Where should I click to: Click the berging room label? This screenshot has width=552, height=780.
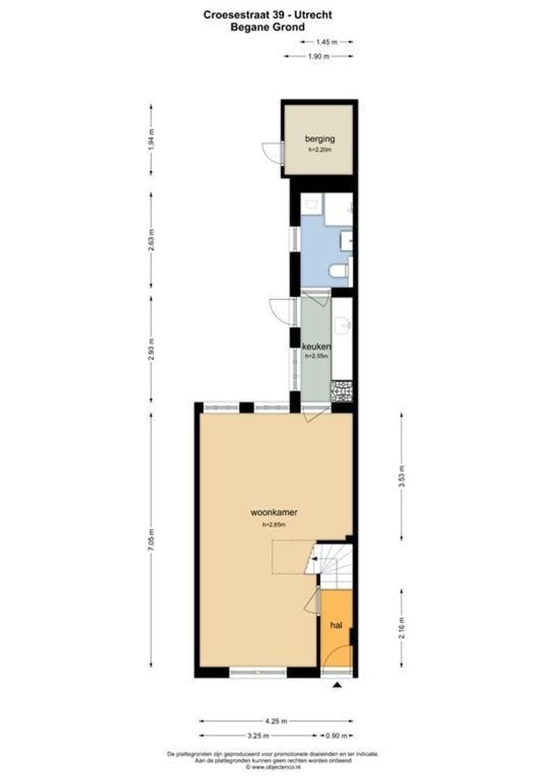pos(319,138)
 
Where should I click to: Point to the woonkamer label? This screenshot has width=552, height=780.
pos(274,513)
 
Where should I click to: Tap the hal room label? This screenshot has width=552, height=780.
pos(336,625)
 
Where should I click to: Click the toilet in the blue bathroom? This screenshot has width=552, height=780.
pos(338,272)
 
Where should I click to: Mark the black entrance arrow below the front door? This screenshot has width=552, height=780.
pos(337,686)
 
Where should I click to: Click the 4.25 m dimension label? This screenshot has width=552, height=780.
pos(276,721)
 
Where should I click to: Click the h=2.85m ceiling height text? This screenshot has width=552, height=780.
pos(274,525)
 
